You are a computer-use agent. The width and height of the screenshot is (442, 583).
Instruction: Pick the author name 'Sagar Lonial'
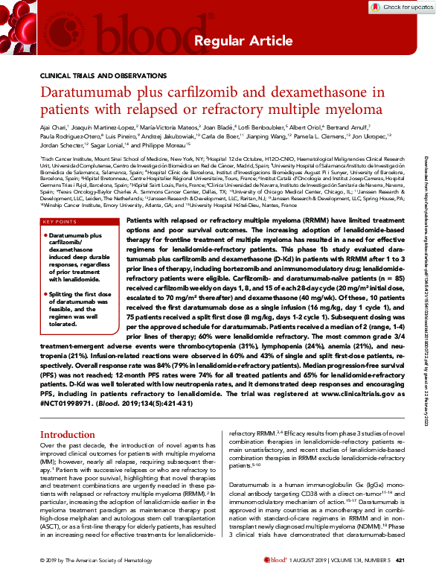(116, 147)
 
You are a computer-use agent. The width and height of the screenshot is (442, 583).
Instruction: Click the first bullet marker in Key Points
(46, 214)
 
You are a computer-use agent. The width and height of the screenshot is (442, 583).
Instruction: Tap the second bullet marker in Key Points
(46, 275)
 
